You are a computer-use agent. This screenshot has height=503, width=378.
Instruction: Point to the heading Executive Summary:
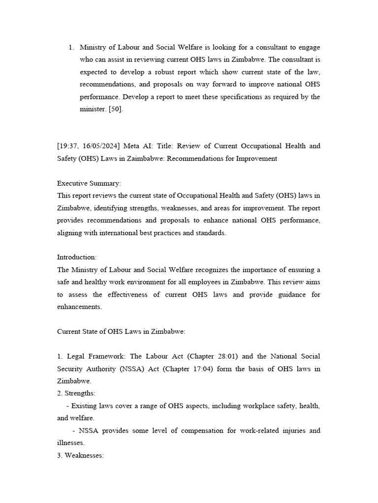coord(89,183)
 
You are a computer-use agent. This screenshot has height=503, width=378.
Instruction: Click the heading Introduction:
coord(77,257)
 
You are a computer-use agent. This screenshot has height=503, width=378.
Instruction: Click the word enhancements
coord(79,307)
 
